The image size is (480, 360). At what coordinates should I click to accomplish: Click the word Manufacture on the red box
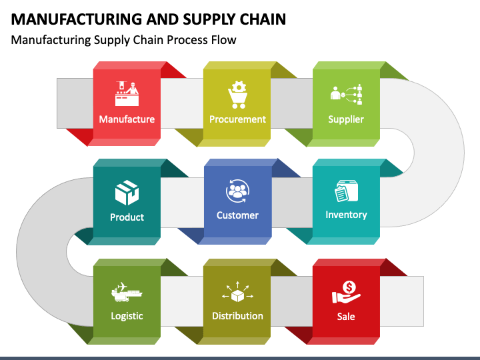point(127,119)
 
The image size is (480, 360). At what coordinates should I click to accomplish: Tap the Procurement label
point(237,119)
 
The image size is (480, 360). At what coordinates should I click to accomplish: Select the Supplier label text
point(346,119)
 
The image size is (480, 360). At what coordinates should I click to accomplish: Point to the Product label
point(127,217)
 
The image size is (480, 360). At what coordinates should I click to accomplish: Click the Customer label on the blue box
point(237,215)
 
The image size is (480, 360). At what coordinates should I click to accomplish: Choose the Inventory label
point(346,215)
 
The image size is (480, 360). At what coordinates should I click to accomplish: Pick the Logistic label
point(127,316)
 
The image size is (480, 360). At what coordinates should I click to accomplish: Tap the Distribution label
point(237,315)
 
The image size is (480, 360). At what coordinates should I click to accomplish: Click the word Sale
point(346,316)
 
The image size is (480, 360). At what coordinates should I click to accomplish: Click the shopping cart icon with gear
point(237,95)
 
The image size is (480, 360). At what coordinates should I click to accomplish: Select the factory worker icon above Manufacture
point(127,94)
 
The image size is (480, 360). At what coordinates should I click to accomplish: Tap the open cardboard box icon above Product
point(127,192)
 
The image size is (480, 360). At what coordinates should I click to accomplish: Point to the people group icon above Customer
point(237,191)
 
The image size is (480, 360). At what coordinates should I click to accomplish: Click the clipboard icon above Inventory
point(346,191)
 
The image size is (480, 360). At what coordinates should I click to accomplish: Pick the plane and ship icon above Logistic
point(127,292)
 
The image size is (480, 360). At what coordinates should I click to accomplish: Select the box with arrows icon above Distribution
point(237,292)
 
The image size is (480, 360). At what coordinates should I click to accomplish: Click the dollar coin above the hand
point(349,287)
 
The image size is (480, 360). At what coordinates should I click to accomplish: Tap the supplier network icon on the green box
point(346,94)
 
